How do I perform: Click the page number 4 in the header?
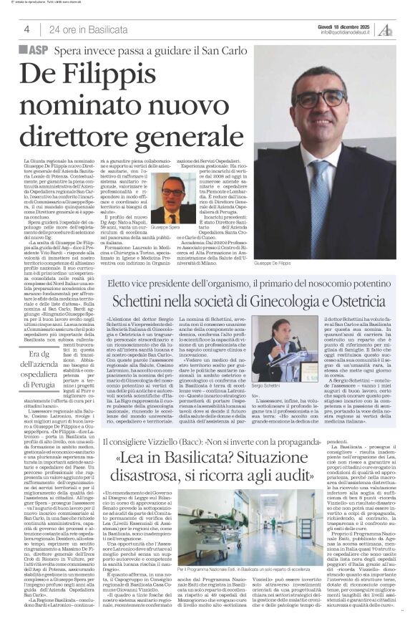(26, 29)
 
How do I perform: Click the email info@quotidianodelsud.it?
(348, 32)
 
